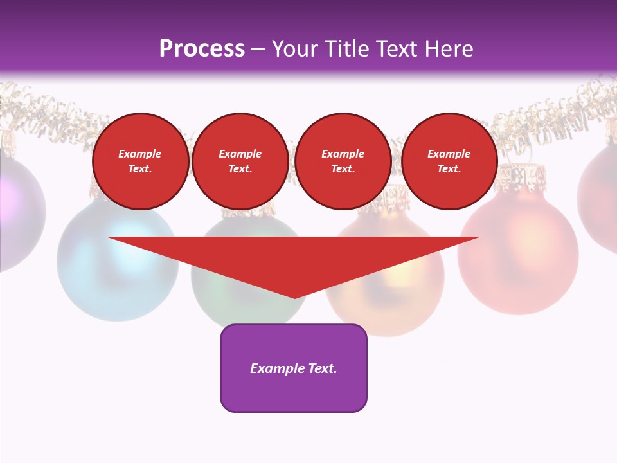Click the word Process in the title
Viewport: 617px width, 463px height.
tap(202, 48)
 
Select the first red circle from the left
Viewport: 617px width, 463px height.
tap(141, 161)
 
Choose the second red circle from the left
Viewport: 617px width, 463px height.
tap(240, 161)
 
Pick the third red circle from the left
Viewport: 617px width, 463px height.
tap(343, 161)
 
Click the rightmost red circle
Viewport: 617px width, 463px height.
tap(449, 161)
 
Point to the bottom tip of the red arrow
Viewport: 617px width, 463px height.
tap(294, 297)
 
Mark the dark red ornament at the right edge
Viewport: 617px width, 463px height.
tap(601, 193)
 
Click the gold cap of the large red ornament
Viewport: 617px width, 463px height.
tap(522, 174)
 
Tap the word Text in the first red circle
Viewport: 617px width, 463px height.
tap(139, 169)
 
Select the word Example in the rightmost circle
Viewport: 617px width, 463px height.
tap(449, 154)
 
